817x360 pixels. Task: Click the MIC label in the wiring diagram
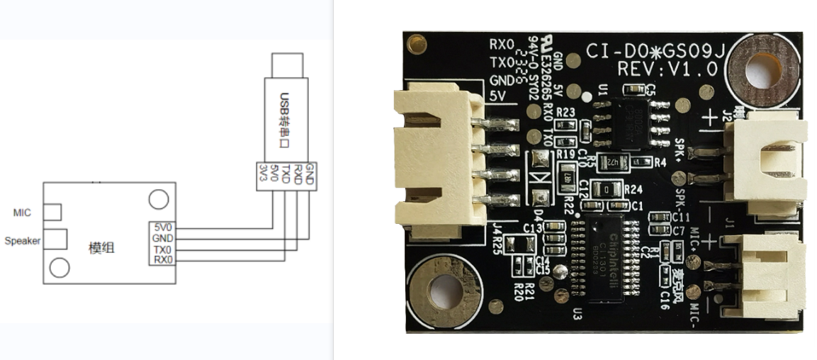pyautogui.click(x=23, y=212)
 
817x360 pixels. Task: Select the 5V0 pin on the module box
pyautogui.click(x=163, y=227)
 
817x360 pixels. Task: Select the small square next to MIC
pyautogui.click(x=52, y=212)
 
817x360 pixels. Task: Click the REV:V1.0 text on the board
pyautogui.click(x=667, y=69)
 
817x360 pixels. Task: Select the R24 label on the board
pyautogui.click(x=633, y=189)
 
